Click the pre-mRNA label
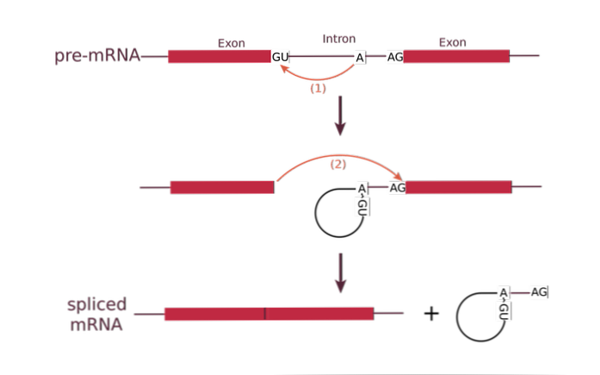[x=96, y=57]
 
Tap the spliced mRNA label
[x=96, y=315]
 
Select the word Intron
[x=337, y=39]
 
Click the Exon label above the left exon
[x=230, y=42]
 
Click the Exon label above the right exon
[x=451, y=42]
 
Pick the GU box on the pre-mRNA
[x=280, y=57]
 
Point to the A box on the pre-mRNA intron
[x=359, y=58]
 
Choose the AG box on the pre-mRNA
[x=394, y=57]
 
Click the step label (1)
[x=317, y=89]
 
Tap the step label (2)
[x=337, y=165]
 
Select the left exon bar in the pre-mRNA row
[x=218, y=57]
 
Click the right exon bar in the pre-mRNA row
[x=456, y=57]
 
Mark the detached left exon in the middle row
[x=221, y=187]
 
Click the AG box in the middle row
[x=397, y=188]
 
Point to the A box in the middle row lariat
[x=362, y=189]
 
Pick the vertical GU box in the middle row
[x=362, y=207]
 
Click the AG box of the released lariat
[x=538, y=292]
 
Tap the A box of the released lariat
[x=504, y=293]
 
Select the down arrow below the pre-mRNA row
[x=339, y=116]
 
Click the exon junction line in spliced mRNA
[x=265, y=314]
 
